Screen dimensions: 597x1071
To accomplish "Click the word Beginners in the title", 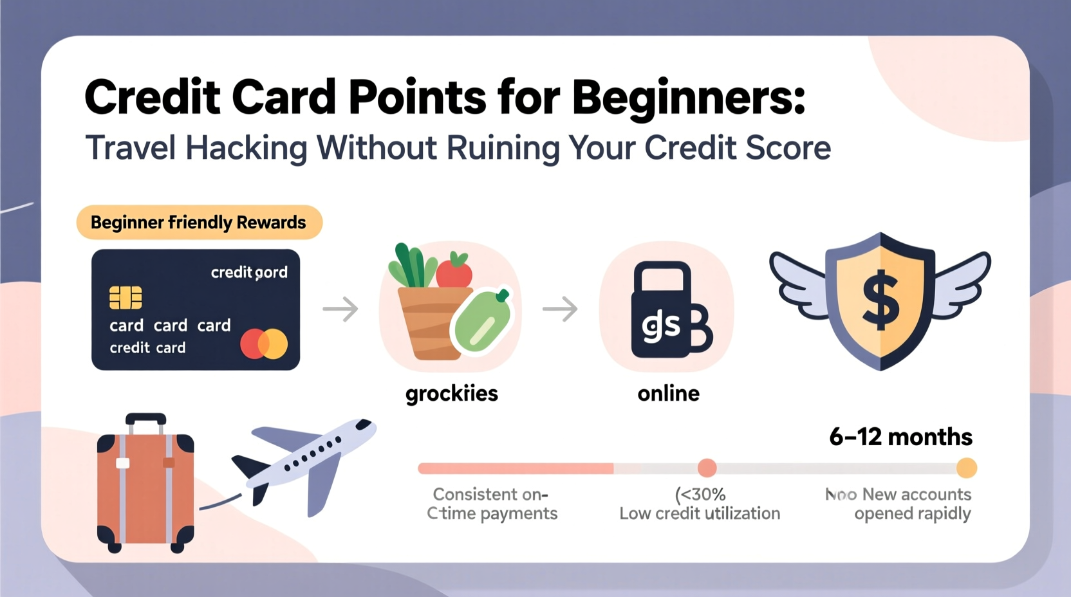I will click(x=688, y=98).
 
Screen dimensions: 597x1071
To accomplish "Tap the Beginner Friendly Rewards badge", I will click(x=199, y=223).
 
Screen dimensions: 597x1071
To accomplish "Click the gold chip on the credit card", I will click(x=126, y=297).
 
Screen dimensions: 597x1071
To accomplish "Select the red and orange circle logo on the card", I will click(x=264, y=344).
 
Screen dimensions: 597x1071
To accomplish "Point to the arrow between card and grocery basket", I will click(x=340, y=309).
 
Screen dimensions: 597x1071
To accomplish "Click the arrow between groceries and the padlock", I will click(x=560, y=309).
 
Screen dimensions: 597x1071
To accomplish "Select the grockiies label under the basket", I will click(x=451, y=393).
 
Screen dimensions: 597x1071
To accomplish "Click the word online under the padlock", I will click(x=668, y=393).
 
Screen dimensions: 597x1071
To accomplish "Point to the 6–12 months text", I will click(x=900, y=437).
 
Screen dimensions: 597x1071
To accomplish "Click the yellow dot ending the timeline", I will click(x=966, y=468).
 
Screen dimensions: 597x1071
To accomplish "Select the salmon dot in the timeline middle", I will click(x=707, y=468).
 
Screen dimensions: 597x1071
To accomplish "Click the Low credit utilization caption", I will click(x=700, y=513).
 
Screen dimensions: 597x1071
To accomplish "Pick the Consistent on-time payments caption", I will click(x=492, y=504).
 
